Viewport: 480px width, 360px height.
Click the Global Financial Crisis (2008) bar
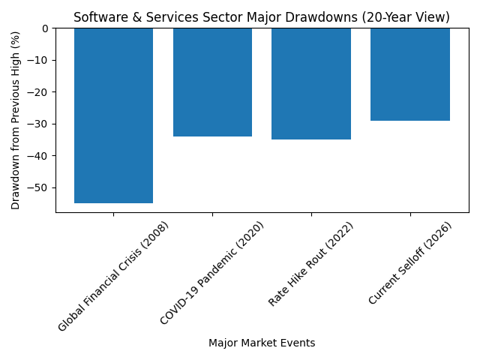click(x=113, y=115)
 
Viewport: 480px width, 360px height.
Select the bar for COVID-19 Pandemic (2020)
click(x=212, y=82)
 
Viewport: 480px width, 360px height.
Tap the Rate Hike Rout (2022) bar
click(x=311, y=84)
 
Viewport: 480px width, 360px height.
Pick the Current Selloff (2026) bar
click(x=410, y=74)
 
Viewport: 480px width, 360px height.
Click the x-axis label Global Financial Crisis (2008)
click(x=114, y=277)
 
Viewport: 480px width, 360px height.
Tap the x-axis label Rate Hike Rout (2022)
click(x=311, y=264)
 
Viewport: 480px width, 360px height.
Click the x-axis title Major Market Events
click(x=262, y=343)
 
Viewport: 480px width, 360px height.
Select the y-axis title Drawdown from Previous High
click(x=16, y=120)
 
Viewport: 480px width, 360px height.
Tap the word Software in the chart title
click(x=98, y=17)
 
